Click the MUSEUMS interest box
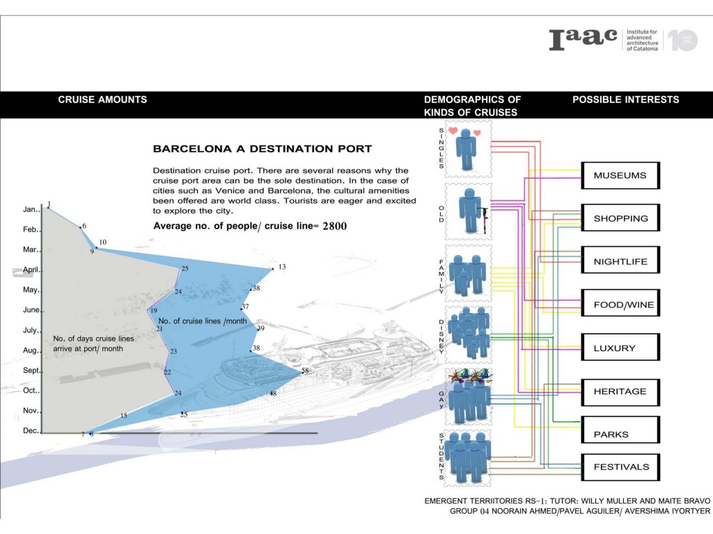click(620, 176)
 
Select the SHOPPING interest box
click(620, 218)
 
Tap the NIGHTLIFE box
click(620, 261)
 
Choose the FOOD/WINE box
click(620, 305)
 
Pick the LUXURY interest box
click(620, 348)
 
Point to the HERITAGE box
click(620, 391)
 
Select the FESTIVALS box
click(620, 467)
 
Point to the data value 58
click(305, 371)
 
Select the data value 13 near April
click(282, 267)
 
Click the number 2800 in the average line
click(335, 227)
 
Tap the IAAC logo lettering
click(583, 40)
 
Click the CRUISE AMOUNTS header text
click(102, 99)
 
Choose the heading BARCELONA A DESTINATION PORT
click(263, 149)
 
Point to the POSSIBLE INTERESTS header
click(625, 99)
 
